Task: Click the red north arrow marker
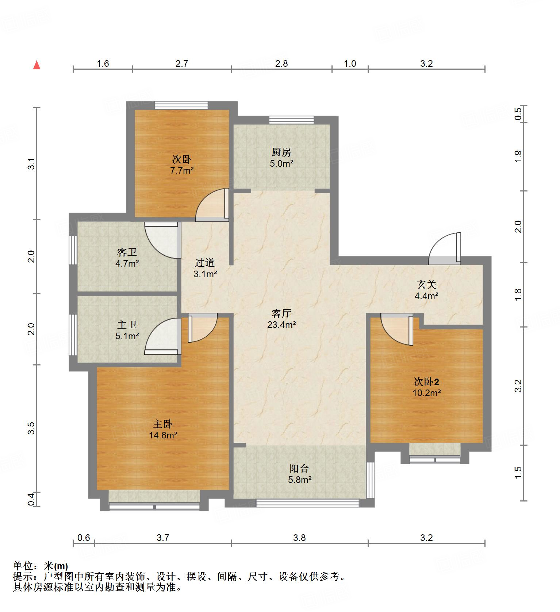37,65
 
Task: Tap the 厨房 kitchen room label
281,152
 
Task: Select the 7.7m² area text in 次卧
182,170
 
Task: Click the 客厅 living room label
281,313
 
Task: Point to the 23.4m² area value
281,324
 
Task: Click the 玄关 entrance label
426,285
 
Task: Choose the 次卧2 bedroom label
426,382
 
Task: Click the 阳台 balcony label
299,469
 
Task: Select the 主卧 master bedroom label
163,424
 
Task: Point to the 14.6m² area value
163,435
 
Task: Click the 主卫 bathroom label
127,325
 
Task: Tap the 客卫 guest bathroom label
127,252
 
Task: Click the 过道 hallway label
205,263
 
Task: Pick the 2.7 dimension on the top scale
182,64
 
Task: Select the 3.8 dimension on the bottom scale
299,538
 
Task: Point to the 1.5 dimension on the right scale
518,473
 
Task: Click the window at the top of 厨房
292,120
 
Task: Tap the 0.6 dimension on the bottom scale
84,538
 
